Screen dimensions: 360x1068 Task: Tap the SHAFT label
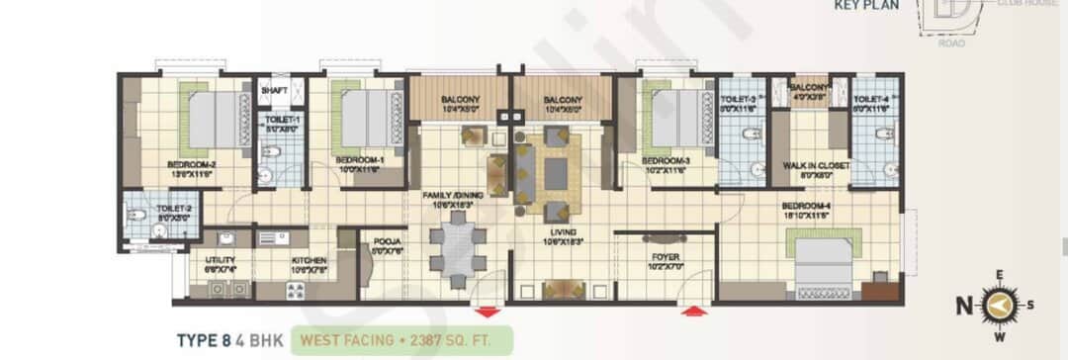click(x=274, y=91)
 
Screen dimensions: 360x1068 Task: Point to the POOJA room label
click(x=381, y=244)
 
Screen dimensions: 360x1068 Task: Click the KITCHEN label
click(x=309, y=261)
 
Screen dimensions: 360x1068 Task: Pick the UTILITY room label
click(x=220, y=261)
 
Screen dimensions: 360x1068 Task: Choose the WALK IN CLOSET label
click(x=816, y=166)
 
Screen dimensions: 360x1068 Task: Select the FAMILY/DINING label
click(x=453, y=196)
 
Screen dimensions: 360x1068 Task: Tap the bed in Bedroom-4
click(x=825, y=258)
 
